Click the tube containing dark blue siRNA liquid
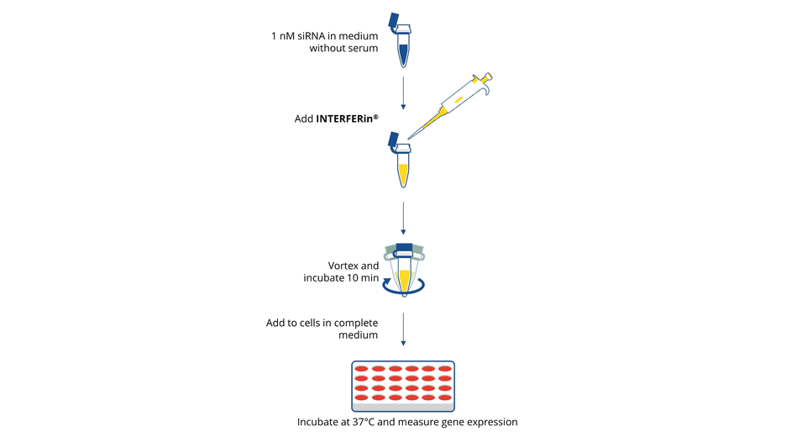(x=404, y=52)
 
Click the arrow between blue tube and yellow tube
(x=404, y=92)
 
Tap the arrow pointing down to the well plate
(x=404, y=329)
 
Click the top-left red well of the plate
(x=360, y=369)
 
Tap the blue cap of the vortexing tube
(x=404, y=249)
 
